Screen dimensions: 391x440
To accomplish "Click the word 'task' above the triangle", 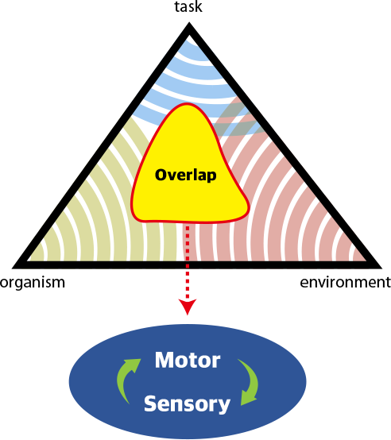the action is (188, 6).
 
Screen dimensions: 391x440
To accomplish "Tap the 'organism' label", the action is (33, 283).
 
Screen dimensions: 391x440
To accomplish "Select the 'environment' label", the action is (345, 282).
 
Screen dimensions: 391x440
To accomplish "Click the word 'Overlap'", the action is (185, 176).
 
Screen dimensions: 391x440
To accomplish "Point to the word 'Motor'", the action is (188, 360).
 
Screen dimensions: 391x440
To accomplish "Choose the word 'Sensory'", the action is (187, 403).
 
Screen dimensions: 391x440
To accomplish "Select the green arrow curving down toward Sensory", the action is (248, 382).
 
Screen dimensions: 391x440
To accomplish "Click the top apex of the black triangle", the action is (189, 24).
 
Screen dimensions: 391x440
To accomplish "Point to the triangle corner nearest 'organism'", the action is (14, 268).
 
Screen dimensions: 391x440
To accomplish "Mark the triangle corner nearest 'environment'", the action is (381, 268).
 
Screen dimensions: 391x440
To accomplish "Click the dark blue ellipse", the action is (188, 382).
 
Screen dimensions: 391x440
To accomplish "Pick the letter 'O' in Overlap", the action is (161, 175).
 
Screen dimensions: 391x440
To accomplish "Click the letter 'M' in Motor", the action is (165, 360).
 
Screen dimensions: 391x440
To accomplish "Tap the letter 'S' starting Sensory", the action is (150, 403).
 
